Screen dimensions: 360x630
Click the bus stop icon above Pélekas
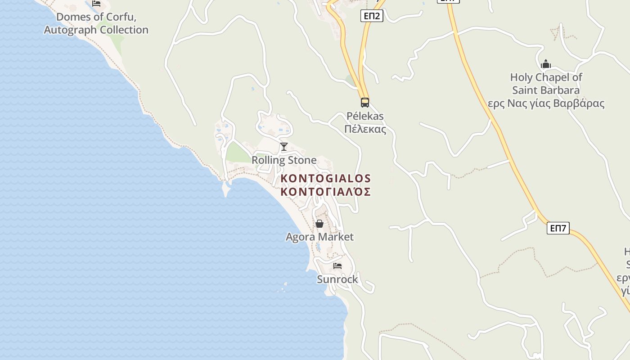click(x=364, y=102)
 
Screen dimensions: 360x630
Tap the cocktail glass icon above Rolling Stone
click(x=284, y=147)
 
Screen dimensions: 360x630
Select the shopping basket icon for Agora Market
click(x=319, y=224)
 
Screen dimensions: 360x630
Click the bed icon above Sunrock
click(x=337, y=266)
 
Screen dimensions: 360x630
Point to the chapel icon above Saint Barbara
click(x=546, y=64)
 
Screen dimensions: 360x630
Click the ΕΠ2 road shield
click(x=372, y=16)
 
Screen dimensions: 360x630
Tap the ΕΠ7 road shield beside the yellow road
click(x=558, y=228)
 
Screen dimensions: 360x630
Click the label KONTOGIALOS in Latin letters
click(x=326, y=179)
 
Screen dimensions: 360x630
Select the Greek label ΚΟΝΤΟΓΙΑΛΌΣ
click(x=326, y=192)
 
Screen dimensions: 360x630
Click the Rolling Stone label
click(x=284, y=160)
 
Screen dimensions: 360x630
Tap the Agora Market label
click(x=319, y=237)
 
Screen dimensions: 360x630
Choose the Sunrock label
click(x=337, y=279)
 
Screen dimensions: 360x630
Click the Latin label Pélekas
click(x=365, y=116)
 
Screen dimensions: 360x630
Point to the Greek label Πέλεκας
click(x=365, y=130)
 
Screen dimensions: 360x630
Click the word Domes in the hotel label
click(x=71, y=18)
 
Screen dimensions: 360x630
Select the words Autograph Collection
click(x=96, y=30)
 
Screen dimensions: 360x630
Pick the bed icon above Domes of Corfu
click(x=96, y=3)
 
